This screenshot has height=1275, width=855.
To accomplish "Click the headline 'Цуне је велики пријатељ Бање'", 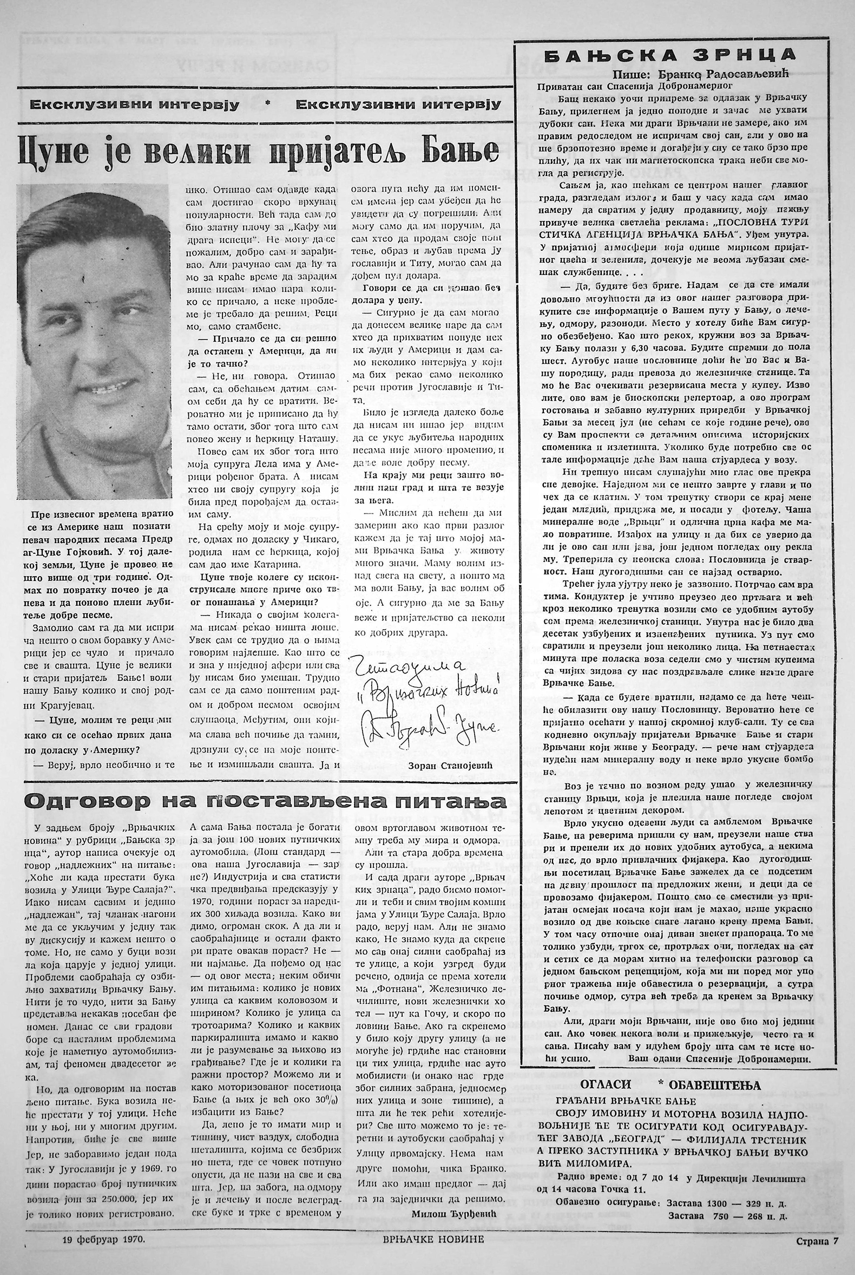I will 259,152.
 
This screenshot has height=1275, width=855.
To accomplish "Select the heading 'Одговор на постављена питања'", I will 266,801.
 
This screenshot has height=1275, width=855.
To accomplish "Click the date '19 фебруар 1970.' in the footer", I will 103,1250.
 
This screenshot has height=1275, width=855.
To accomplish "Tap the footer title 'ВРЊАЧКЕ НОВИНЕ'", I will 433,1250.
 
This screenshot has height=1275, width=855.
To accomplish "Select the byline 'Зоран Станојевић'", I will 450,765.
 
